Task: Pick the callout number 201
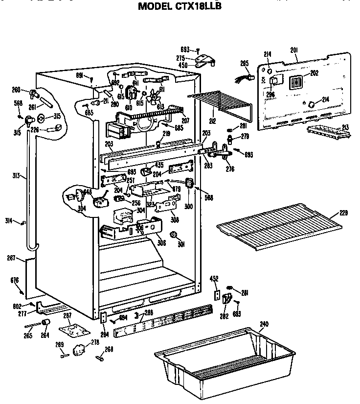point(294,50)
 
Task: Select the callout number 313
point(16,176)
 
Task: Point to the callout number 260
point(16,90)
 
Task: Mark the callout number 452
point(214,279)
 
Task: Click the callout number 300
point(189,206)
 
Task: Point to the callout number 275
point(180,58)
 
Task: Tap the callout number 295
point(245,63)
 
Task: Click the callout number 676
point(15,280)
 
